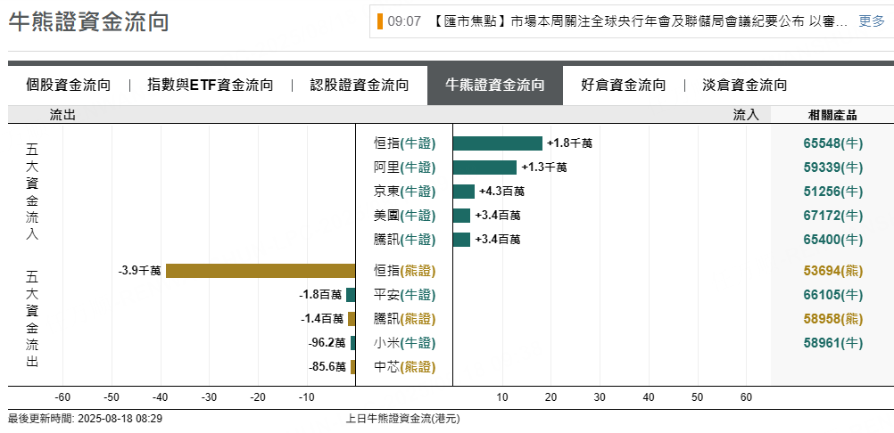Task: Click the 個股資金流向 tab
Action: pyautogui.click(x=69, y=86)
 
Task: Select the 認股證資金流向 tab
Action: pyautogui.click(x=360, y=86)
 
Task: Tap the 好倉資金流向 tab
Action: pyautogui.click(x=623, y=86)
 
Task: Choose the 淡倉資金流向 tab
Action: pyautogui.click(x=745, y=86)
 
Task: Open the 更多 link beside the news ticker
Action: pyautogui.click(x=872, y=21)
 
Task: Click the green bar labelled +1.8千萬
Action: pyautogui.click(x=498, y=143)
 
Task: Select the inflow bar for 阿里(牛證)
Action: pyautogui.click(x=484, y=167)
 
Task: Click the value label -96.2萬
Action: pyautogui.click(x=327, y=343)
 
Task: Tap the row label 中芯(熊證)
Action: pyautogui.click(x=404, y=367)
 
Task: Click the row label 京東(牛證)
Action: pyautogui.click(x=404, y=192)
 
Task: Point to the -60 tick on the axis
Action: pyautogui.click(x=63, y=397)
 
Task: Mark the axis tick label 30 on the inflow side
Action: pyautogui.click(x=600, y=397)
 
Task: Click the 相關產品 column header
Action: pyautogui.click(x=832, y=115)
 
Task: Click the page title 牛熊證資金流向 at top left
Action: pyautogui.click(x=88, y=22)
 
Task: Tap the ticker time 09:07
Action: pyautogui.click(x=404, y=21)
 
